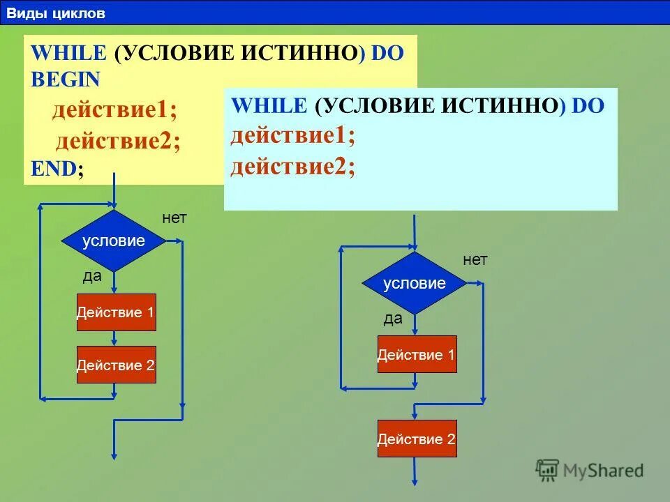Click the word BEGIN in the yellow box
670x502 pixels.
(66, 79)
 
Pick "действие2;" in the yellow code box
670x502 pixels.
(118, 142)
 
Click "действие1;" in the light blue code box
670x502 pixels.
(292, 136)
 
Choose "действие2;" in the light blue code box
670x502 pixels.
(292, 167)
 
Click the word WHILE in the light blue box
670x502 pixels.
(269, 106)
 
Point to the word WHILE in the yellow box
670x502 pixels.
(68, 54)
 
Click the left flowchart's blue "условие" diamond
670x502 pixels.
(113, 241)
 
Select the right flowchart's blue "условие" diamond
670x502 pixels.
(415, 283)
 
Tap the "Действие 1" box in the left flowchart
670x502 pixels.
(116, 312)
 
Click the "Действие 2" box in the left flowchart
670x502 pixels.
(116, 365)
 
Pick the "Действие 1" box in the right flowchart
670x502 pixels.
(417, 355)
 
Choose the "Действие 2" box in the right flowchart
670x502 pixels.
(417, 439)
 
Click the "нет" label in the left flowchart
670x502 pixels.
(174, 218)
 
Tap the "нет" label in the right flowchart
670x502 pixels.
(475, 260)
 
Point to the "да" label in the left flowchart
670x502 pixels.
(92, 276)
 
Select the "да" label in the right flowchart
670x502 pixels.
(393, 319)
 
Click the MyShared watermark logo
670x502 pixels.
(590, 471)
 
